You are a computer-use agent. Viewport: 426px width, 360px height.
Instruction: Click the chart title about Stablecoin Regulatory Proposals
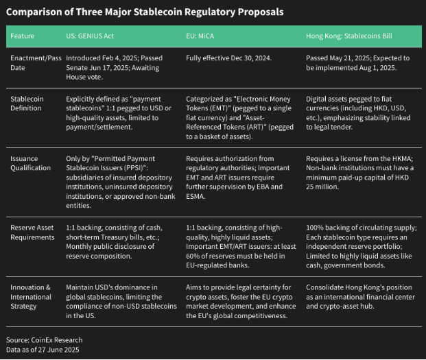pyautogui.click(x=145, y=12)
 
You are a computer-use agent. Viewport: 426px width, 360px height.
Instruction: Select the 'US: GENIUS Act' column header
pyautogui.click(x=90, y=36)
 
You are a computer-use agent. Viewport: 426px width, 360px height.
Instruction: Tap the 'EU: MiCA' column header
pyautogui.click(x=200, y=36)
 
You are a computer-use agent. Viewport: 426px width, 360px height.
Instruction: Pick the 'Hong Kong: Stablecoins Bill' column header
pyautogui.click(x=349, y=36)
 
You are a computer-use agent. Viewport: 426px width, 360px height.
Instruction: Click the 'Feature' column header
pyautogui.click(x=22, y=36)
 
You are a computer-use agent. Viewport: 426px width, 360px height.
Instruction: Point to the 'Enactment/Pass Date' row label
pyautogui.click(x=36, y=62)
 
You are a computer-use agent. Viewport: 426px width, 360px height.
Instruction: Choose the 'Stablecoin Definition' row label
pyautogui.click(x=27, y=104)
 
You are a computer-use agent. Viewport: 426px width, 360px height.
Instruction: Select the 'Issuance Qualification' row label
pyautogui.click(x=30, y=163)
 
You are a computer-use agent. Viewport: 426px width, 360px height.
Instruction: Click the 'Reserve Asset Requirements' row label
pyautogui.click(x=32, y=232)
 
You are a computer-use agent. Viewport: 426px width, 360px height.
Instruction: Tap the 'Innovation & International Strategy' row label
pyautogui.click(x=31, y=297)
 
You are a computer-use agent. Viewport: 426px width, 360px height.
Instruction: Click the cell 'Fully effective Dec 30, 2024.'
pyautogui.click(x=228, y=58)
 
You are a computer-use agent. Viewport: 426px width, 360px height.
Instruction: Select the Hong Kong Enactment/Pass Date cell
pyautogui.click(x=358, y=62)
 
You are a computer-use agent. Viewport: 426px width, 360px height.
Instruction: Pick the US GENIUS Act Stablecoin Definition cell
pyautogui.click(x=119, y=113)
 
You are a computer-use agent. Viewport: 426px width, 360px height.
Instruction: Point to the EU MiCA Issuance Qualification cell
pyautogui.click(x=238, y=178)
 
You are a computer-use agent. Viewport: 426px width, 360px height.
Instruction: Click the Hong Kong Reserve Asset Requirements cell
pyautogui.click(x=362, y=247)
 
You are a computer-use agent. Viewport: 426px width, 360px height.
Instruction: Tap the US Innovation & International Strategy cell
pyautogui.click(x=121, y=301)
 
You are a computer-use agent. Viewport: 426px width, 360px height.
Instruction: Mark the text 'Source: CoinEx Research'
pyautogui.click(x=45, y=340)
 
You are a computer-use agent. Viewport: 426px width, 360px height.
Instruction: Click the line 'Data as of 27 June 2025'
pyautogui.click(x=43, y=350)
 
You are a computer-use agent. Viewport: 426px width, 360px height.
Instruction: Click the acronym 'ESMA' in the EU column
pyautogui.click(x=196, y=196)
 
